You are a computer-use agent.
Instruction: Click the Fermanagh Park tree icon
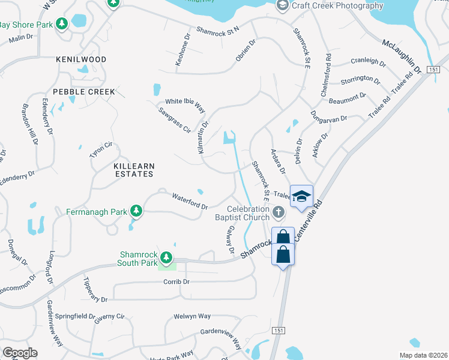[x=137, y=211]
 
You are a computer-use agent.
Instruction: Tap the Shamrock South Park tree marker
[x=166, y=258]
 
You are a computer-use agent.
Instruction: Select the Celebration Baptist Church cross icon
[x=278, y=212]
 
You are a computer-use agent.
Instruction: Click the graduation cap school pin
[x=301, y=196]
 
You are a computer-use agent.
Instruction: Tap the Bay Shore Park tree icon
[x=61, y=25]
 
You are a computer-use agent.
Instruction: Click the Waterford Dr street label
[x=190, y=201]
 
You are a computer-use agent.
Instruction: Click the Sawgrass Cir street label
[x=174, y=120]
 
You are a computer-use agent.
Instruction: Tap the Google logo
[x=20, y=353]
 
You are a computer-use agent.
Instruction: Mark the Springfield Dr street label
[x=75, y=316]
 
